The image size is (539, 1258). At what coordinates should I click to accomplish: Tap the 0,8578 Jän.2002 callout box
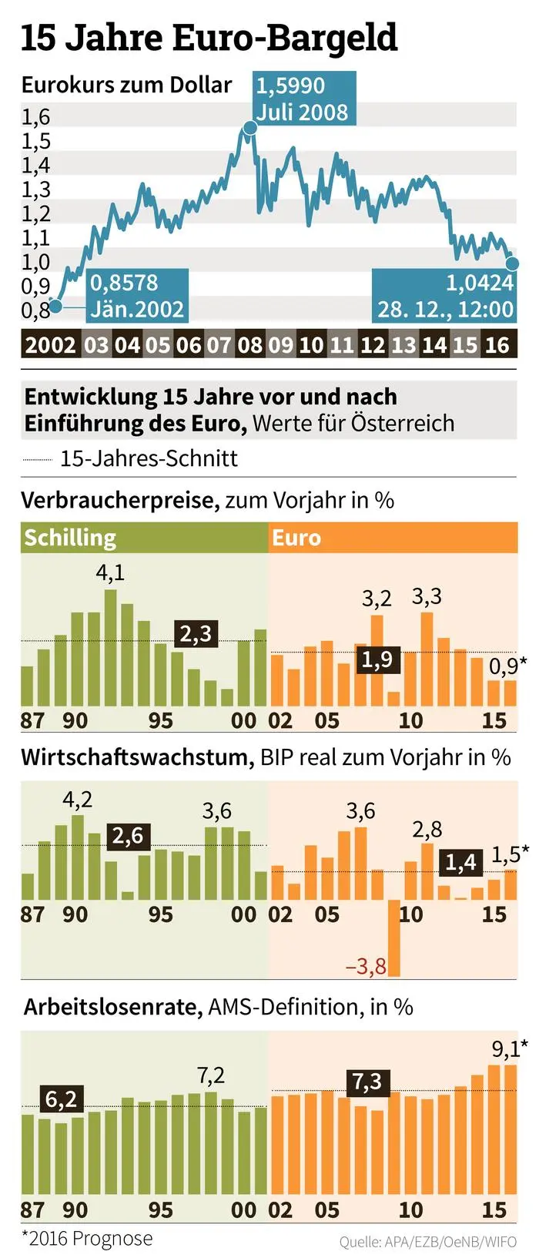coord(137,296)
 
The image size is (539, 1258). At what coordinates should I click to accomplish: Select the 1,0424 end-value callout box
coord(444,296)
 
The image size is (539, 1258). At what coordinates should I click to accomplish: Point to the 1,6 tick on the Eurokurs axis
coord(35,117)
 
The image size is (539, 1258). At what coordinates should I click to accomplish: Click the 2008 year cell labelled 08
coord(250,344)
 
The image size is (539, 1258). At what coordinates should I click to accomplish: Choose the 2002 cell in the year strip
coord(51,344)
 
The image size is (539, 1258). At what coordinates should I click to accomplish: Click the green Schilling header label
coord(70,537)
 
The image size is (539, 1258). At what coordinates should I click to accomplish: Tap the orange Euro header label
coord(296,537)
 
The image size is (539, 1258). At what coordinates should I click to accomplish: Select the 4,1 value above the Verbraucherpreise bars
coord(110,572)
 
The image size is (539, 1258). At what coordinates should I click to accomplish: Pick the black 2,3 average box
coord(195,634)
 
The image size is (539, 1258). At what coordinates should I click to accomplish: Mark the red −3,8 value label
coord(367,966)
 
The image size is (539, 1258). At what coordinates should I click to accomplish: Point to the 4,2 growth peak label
coord(77,800)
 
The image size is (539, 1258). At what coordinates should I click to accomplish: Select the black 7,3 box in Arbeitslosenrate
coord(367,1082)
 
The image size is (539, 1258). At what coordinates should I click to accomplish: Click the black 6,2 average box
coord(61,1099)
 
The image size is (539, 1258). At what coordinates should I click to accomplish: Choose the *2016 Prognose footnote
coord(87,1238)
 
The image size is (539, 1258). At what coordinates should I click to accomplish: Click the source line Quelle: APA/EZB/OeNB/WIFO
coord(427,1242)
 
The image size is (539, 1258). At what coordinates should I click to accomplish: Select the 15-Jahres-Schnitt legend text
coord(149,458)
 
